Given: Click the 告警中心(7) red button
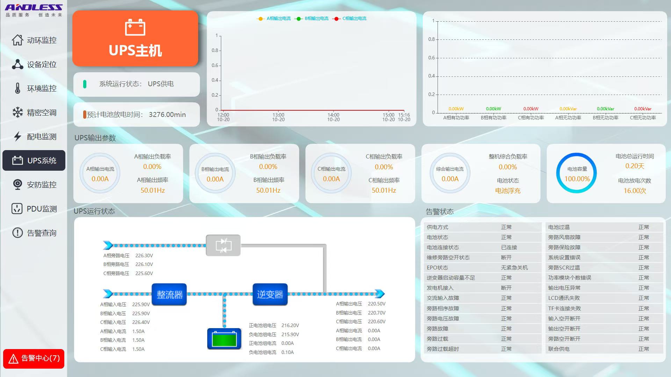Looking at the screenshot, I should coord(34,358).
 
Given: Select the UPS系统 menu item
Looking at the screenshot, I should coord(34,161).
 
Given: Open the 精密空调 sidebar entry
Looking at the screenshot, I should coord(34,112).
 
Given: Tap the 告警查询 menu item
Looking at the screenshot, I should coord(34,233).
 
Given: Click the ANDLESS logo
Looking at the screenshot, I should coord(34,8).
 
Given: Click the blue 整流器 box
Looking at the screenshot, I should coord(169,295).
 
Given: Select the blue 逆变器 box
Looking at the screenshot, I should coord(270,295).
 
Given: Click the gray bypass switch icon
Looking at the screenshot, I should coord(223,245).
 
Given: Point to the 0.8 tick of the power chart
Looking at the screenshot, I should coord(432,39).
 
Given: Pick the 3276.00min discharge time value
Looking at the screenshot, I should coord(167,114).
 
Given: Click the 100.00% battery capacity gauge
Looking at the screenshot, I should coord(577,173).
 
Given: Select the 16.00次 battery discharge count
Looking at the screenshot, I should coord(635,191).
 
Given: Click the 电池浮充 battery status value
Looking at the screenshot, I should coord(508,191).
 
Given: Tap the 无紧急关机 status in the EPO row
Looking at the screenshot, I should coord(514,268).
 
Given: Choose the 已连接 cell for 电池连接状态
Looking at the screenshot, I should coord(509,247).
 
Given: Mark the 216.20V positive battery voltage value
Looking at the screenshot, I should coord(290,325).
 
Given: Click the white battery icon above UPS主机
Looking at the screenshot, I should coord(135,27).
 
